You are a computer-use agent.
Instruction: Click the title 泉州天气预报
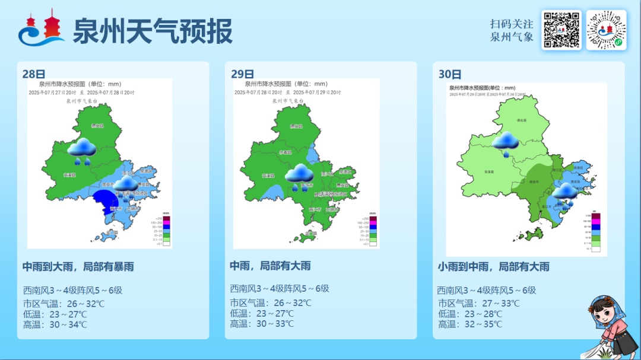(152, 31)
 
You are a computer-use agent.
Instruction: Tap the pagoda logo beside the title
(41, 30)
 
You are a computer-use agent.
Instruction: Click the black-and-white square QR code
(561, 30)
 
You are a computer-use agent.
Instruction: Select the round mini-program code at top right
(606, 30)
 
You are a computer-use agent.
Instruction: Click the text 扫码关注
(512, 24)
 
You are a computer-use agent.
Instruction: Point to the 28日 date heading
(34, 74)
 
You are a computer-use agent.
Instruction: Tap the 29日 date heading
(242, 74)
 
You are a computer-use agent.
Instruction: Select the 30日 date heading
(450, 74)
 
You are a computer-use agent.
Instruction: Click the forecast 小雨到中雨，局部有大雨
(493, 267)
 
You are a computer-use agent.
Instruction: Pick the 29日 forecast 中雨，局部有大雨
(270, 266)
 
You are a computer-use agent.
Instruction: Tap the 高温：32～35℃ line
(470, 324)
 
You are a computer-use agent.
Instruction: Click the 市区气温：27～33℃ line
(478, 303)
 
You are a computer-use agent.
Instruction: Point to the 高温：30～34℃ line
(55, 324)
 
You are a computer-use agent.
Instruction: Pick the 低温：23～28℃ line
(470, 314)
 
